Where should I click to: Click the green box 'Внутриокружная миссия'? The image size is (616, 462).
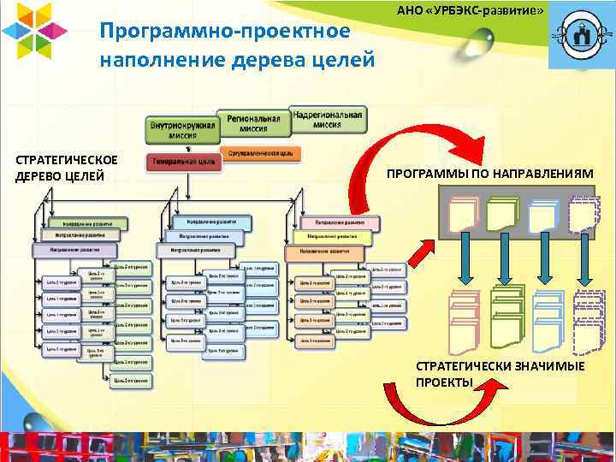point(182,129)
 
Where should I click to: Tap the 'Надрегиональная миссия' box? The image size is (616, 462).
point(327,118)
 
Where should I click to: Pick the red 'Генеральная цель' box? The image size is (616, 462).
point(183,163)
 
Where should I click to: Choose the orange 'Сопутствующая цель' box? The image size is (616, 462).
point(262,153)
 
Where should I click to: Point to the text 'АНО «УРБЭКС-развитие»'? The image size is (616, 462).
point(471,9)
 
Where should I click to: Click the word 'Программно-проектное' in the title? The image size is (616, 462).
point(224,32)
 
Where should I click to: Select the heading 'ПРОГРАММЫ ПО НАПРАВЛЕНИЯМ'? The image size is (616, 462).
point(489,174)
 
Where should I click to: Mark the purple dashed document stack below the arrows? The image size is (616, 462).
point(589,321)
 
